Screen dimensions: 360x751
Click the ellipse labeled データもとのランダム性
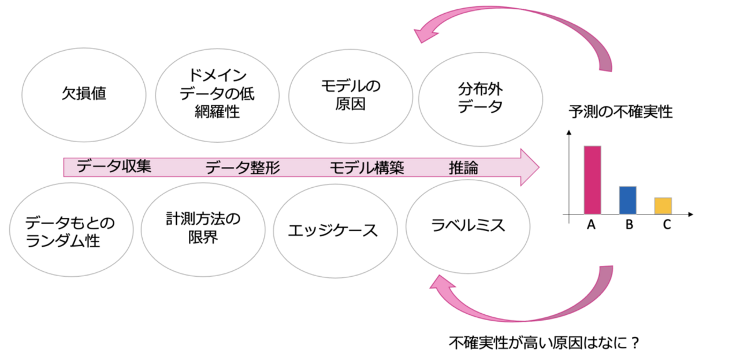(x=64, y=231)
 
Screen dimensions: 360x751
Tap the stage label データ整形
(x=243, y=168)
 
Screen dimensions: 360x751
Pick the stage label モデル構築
(x=366, y=168)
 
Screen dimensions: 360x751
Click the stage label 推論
(x=463, y=168)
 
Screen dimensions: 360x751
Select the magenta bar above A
(x=592, y=180)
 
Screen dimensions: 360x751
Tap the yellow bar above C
(x=663, y=206)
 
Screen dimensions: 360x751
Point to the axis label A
(x=592, y=226)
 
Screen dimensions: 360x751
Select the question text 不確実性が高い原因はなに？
(x=543, y=343)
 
